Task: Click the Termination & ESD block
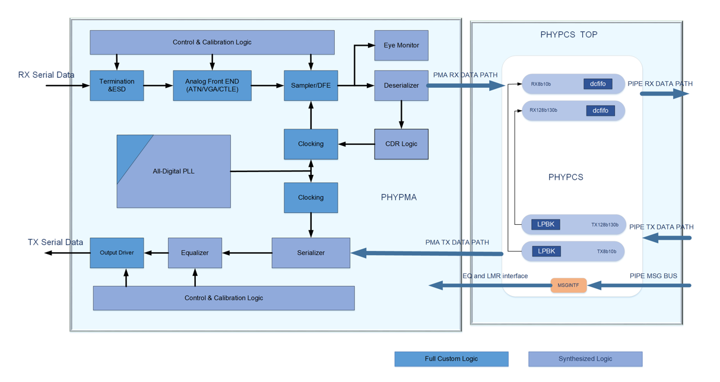tap(117, 85)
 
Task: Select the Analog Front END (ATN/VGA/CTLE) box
tap(212, 85)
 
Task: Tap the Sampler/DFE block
tap(310, 85)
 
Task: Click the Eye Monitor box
tap(401, 45)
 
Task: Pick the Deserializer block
tap(401, 85)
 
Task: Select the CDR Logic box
tap(401, 144)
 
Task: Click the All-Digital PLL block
tap(173, 171)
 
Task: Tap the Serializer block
tap(310, 253)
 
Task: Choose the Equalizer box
tap(195, 253)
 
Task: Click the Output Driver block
tap(117, 253)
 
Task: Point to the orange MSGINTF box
tap(568, 285)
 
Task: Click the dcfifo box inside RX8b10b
tap(598, 84)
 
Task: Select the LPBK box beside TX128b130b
tap(545, 224)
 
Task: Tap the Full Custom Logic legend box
tap(451, 359)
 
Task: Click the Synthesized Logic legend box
tap(585, 359)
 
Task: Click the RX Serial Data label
tap(46, 75)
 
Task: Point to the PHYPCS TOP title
tap(569, 34)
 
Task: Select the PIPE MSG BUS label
tap(653, 276)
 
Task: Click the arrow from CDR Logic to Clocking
tap(356, 144)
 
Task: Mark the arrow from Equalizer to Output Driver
tap(156, 253)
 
